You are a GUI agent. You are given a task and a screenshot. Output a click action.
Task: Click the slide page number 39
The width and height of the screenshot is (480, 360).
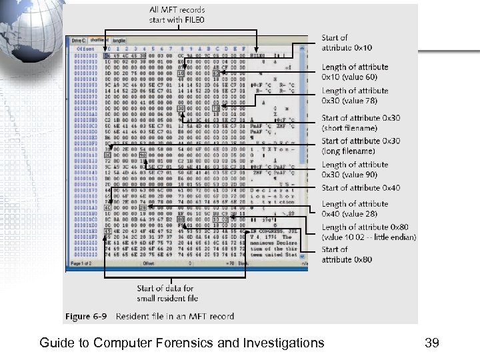pyautogui.click(x=431, y=343)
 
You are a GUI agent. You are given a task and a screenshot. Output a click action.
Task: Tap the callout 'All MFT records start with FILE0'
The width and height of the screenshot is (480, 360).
pyautogui.click(x=177, y=15)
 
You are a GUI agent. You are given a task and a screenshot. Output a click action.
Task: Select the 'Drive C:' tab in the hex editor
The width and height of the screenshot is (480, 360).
pyautogui.click(x=79, y=41)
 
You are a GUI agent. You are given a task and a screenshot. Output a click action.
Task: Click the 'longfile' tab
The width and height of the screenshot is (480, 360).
pyautogui.click(x=119, y=41)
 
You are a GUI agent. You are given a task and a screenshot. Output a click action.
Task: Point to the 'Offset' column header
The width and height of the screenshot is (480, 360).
pyautogui.click(x=85, y=48)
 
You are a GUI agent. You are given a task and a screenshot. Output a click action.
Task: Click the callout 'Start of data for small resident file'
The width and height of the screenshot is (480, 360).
pyautogui.click(x=167, y=293)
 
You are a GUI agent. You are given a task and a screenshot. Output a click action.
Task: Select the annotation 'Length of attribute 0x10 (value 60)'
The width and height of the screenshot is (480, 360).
pyautogui.click(x=355, y=72)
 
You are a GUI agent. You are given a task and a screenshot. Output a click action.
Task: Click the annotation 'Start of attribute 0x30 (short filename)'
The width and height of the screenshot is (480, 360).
pyautogui.click(x=361, y=123)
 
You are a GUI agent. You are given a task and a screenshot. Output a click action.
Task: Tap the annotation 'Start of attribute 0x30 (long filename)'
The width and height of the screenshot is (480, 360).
pyautogui.click(x=361, y=145)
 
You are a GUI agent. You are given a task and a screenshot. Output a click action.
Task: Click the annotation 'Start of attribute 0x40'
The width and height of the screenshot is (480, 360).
pyautogui.click(x=361, y=188)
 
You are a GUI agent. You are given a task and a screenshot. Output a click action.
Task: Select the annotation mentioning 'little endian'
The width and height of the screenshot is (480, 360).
pyautogui.click(x=368, y=232)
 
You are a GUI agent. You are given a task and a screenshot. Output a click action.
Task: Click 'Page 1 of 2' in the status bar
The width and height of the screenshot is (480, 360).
pyautogui.click(x=81, y=263)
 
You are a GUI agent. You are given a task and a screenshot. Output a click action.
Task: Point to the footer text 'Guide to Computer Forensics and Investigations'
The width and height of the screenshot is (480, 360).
pyautogui.click(x=182, y=343)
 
